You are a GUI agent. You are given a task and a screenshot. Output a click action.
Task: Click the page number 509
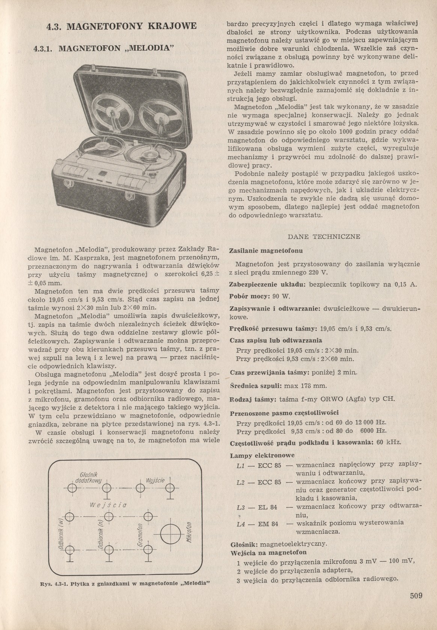click(x=416, y=595)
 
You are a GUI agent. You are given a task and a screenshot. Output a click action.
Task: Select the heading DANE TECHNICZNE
click(x=324, y=237)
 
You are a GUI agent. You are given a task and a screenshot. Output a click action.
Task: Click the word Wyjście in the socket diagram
click(x=155, y=481)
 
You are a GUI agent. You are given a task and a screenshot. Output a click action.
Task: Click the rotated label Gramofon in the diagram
click(x=139, y=535)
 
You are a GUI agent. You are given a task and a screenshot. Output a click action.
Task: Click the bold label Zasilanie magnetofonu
click(x=266, y=250)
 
